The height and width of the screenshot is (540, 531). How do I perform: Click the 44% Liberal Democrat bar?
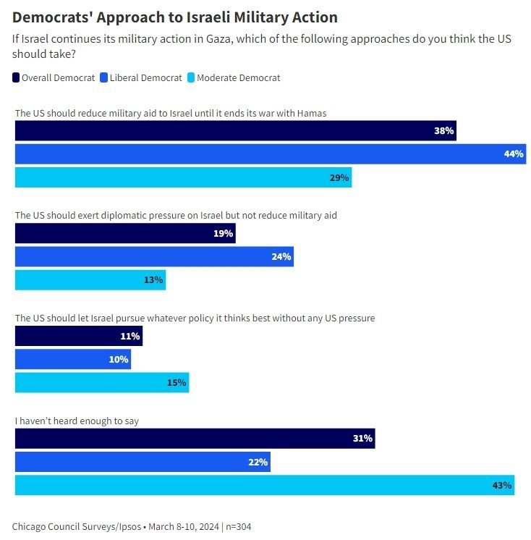click(x=270, y=154)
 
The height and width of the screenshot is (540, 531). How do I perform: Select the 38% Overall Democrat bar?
click(x=235, y=131)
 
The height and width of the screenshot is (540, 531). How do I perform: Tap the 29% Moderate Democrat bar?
click(x=183, y=177)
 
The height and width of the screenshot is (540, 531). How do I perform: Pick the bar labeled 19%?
click(x=125, y=233)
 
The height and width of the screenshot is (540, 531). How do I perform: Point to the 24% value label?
click(x=281, y=256)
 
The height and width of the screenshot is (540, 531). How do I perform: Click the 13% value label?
click(x=153, y=279)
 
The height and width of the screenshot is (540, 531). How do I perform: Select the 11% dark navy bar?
click(x=79, y=336)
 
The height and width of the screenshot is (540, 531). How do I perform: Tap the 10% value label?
click(x=119, y=359)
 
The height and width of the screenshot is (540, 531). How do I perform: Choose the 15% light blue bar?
click(x=102, y=382)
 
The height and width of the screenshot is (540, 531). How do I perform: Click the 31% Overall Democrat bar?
click(x=195, y=438)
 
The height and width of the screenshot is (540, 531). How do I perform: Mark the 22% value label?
click(x=258, y=462)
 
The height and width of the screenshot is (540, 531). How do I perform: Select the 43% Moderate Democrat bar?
click(x=264, y=485)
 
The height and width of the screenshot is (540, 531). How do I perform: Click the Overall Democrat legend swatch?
click(x=17, y=77)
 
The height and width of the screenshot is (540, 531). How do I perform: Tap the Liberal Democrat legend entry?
click(x=145, y=77)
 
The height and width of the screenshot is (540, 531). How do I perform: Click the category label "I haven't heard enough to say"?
click(x=76, y=421)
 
